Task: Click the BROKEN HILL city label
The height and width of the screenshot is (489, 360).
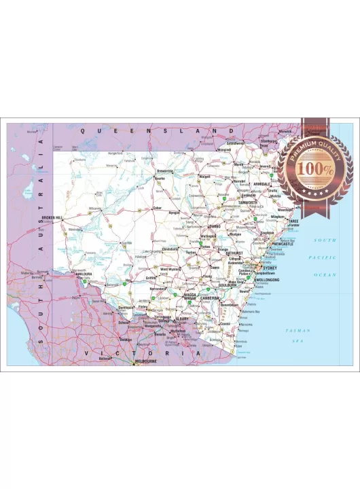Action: pos(52,217)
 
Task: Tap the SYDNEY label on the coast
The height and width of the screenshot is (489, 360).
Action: pos(270,268)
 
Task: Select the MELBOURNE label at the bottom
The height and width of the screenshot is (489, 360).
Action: pos(146,361)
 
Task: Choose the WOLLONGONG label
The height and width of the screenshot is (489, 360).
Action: pos(267,279)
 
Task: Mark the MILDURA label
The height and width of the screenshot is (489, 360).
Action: pos(84,274)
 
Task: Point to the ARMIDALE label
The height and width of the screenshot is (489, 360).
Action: pos(262,183)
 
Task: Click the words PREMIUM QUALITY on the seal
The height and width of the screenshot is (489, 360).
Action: pos(314,151)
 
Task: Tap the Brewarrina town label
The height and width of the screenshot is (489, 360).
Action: pos(165,170)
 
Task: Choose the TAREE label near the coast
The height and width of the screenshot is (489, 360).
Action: pos(293,221)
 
